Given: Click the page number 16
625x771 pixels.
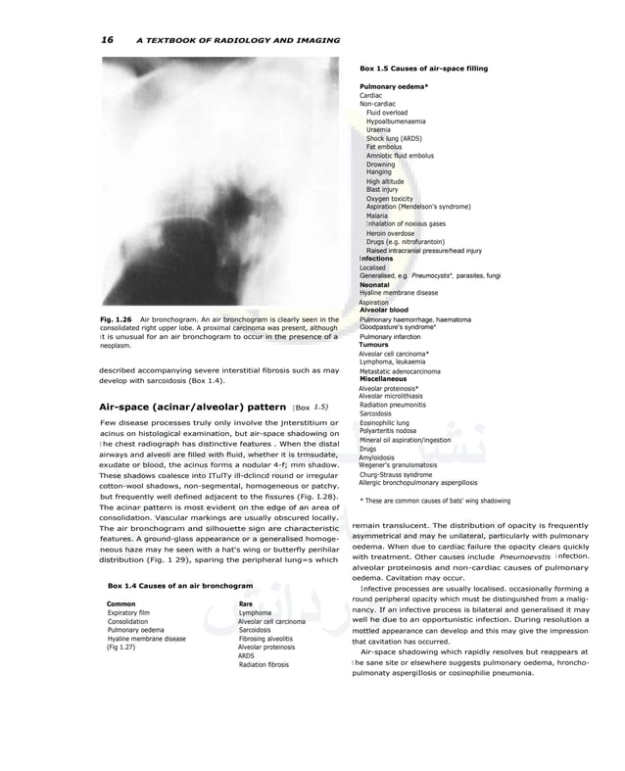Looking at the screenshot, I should tap(108, 40).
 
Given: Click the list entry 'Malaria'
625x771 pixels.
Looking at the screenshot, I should tap(377, 216).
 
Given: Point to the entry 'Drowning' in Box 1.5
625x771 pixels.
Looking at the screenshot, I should tap(380, 165).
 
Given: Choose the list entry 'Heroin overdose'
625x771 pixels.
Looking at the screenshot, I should tap(391, 233).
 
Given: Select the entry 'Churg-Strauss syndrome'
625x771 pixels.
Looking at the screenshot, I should tap(395, 474).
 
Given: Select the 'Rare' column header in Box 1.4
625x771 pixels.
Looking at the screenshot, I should tap(245, 604).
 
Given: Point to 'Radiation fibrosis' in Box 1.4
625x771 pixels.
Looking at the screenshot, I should tap(264, 664).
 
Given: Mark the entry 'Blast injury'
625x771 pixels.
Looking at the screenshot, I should tap(381, 190).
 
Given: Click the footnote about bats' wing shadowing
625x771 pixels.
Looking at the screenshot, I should tap(435, 501).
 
